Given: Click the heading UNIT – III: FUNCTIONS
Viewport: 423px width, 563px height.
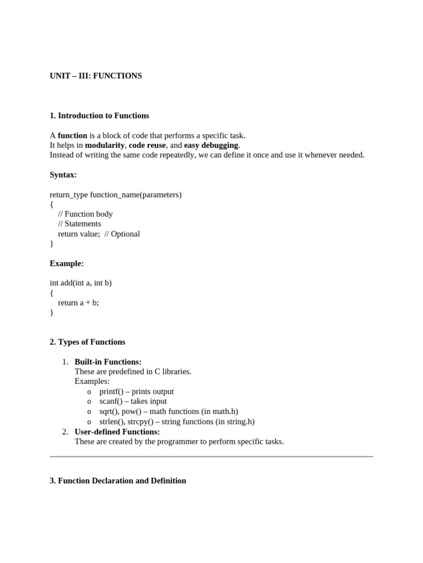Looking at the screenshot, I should click(x=95, y=76).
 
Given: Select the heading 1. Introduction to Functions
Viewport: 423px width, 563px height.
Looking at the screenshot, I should click(x=99, y=115).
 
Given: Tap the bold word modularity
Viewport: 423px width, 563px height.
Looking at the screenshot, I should click(x=105, y=145).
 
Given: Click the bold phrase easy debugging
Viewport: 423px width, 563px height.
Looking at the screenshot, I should click(x=211, y=145).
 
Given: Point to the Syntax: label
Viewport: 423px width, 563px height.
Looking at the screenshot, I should click(x=63, y=175).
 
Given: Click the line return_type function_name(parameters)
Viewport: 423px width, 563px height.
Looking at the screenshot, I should click(x=116, y=195).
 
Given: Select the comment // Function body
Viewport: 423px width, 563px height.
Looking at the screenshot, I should click(x=85, y=214).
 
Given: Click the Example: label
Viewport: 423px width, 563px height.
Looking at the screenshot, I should click(x=67, y=263).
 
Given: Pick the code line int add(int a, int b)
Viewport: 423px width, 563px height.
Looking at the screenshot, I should click(x=80, y=283).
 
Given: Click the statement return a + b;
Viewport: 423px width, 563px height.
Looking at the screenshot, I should click(x=78, y=302).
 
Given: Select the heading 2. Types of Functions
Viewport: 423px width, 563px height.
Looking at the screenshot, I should click(x=87, y=342).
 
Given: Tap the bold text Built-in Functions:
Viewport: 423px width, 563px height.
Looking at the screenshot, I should click(x=108, y=362).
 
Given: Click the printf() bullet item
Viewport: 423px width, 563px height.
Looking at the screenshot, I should click(x=136, y=391).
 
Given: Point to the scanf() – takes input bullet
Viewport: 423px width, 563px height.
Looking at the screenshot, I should click(x=133, y=401).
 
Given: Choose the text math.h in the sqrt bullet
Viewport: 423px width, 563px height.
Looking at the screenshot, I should click(x=224, y=411).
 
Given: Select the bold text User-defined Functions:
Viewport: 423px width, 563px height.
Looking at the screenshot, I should click(x=117, y=432).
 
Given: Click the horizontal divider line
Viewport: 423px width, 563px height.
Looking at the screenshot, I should click(x=211, y=456).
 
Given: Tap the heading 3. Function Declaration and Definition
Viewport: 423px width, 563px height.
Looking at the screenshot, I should click(x=118, y=481).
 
